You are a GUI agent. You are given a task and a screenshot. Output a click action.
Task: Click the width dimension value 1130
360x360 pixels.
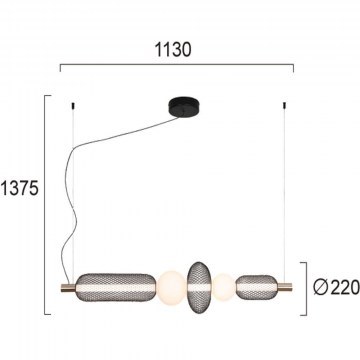click(173, 50)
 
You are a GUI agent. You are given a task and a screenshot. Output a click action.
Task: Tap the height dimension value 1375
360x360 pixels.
click(20, 189)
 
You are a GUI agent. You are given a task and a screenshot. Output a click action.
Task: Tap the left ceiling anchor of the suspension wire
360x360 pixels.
click(73, 105)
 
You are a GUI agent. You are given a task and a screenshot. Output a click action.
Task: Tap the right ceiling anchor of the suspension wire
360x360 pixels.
click(284, 105)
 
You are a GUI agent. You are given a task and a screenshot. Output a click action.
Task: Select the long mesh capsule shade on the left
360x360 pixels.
click(116, 287)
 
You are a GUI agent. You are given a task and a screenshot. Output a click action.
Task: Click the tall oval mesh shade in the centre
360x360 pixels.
click(199, 287)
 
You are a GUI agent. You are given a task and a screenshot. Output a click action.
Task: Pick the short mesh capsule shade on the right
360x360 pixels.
click(256, 287)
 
